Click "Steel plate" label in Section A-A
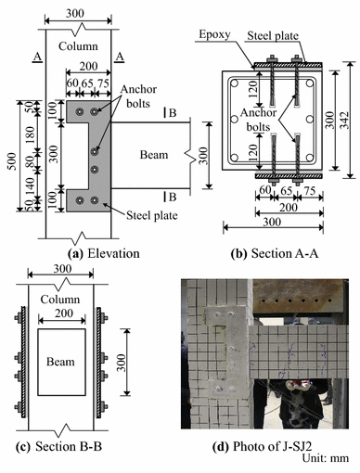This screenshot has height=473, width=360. coord(285,37)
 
